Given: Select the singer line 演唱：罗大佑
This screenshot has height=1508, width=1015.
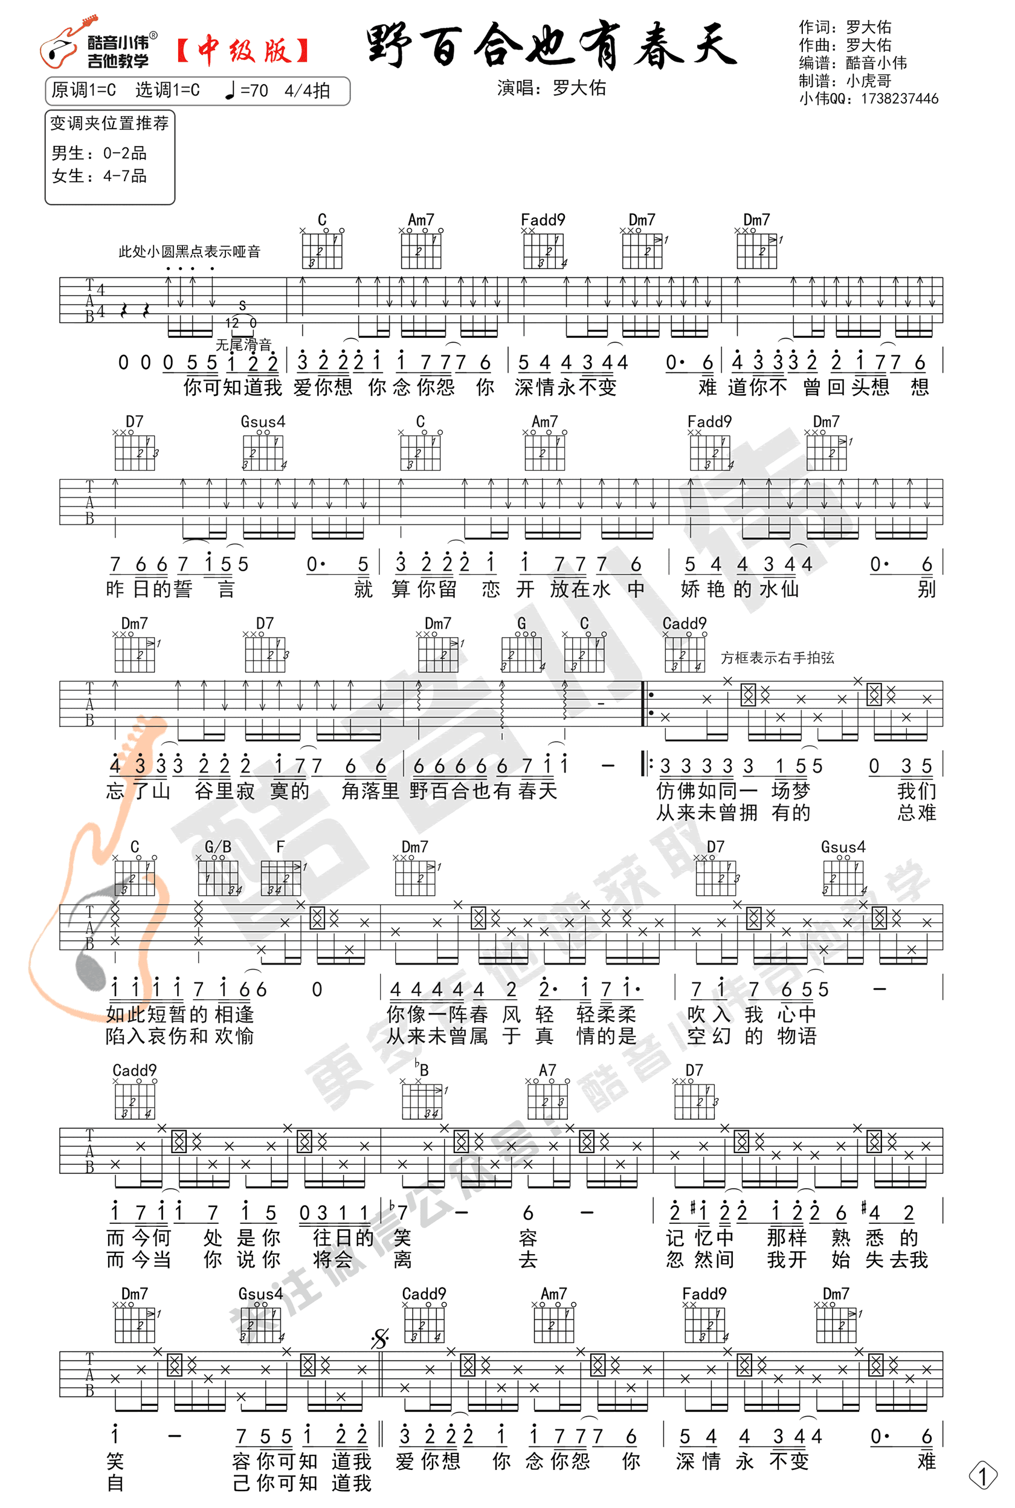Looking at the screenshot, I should click(x=552, y=88).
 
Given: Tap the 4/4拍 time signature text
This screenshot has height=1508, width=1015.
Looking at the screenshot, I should click(x=307, y=91).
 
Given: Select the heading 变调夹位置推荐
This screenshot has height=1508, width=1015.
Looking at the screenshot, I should click(x=109, y=123).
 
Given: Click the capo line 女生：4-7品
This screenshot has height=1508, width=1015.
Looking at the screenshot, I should click(x=99, y=176).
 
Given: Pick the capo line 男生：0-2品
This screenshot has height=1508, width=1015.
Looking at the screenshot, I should click(x=99, y=154).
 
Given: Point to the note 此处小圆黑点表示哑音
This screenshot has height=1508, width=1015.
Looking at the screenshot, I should click(x=189, y=251).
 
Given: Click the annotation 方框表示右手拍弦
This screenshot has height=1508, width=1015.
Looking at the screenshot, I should click(x=778, y=658).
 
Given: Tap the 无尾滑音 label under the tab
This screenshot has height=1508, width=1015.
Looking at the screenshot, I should click(x=243, y=345).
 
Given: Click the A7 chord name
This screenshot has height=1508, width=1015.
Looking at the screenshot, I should click(x=547, y=1070).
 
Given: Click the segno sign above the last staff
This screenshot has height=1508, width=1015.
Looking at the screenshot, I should click(x=380, y=1338).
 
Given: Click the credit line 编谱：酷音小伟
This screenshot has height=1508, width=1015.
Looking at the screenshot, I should click(x=852, y=63).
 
